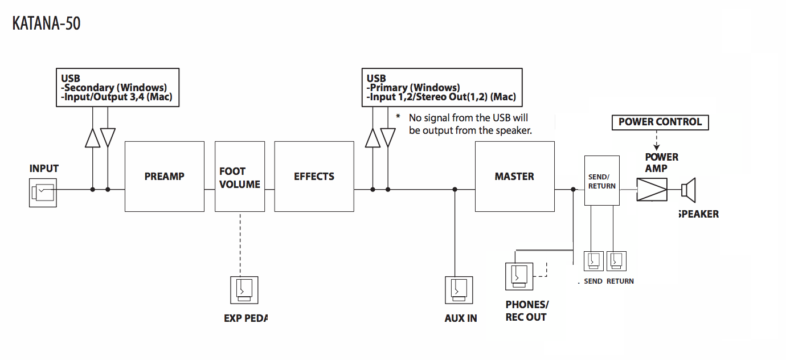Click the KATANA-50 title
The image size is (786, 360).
click(x=47, y=23)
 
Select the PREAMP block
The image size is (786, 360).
click(x=164, y=177)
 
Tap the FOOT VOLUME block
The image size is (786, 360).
click(x=240, y=177)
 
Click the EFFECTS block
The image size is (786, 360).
click(x=314, y=177)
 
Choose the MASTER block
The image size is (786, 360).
click(x=514, y=177)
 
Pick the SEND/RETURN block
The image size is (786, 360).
click(x=601, y=181)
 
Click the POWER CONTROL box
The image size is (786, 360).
click(x=660, y=122)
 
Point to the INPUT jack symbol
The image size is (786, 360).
click(x=43, y=193)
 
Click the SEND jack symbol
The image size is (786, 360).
click(x=593, y=261)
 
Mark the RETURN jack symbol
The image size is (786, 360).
click(x=616, y=261)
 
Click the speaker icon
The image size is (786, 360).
click(x=689, y=189)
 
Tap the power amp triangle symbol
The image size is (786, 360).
click(x=652, y=189)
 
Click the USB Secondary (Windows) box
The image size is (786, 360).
click(x=118, y=88)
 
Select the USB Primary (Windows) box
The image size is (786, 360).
click(x=441, y=88)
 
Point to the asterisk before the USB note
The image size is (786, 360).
click(x=398, y=117)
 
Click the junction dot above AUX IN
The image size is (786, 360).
click(x=455, y=190)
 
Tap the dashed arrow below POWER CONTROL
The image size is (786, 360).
click(x=656, y=141)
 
